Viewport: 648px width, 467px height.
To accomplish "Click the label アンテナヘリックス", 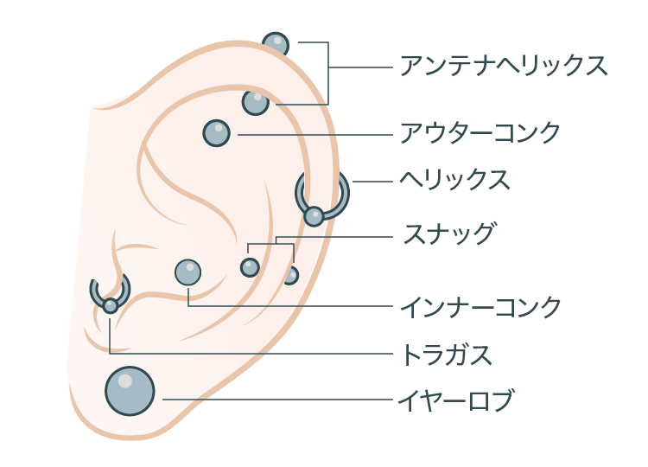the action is pyautogui.click(x=504, y=66).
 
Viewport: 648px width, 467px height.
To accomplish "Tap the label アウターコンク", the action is pyautogui.click(x=480, y=132).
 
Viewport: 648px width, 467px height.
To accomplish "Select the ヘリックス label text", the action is pyautogui.click(x=454, y=180).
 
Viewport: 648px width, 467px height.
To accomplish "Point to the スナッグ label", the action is pyautogui.click(x=448, y=233).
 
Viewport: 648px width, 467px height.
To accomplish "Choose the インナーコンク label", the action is pyautogui.click(x=480, y=307).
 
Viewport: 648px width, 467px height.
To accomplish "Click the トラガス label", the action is pyautogui.click(x=448, y=355).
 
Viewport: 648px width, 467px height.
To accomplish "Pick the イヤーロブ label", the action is pyautogui.click(x=456, y=400).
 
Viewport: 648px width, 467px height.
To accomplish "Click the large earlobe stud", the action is pyautogui.click(x=130, y=391).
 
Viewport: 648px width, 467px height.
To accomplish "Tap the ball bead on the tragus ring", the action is pyautogui.click(x=111, y=305).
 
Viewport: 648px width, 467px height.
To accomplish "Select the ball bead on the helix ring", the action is pyautogui.click(x=314, y=216).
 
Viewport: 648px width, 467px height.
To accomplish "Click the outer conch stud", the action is pyautogui.click(x=217, y=133).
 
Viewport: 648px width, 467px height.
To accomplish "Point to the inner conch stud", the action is pyautogui.click(x=188, y=272).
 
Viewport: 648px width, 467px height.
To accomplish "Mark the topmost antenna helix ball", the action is pyautogui.click(x=276, y=44).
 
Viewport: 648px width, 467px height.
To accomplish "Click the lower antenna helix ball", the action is pyautogui.click(x=255, y=103).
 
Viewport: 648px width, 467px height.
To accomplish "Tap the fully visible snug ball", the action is pyautogui.click(x=250, y=267).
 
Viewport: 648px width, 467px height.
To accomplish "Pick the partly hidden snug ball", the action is pyautogui.click(x=291, y=276).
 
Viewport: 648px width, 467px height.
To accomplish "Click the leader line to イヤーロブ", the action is pyautogui.click(x=277, y=400).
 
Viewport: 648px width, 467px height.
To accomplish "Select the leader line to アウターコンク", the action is pyautogui.click(x=314, y=134).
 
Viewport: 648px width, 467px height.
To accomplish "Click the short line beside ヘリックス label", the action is pyautogui.click(x=372, y=181).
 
